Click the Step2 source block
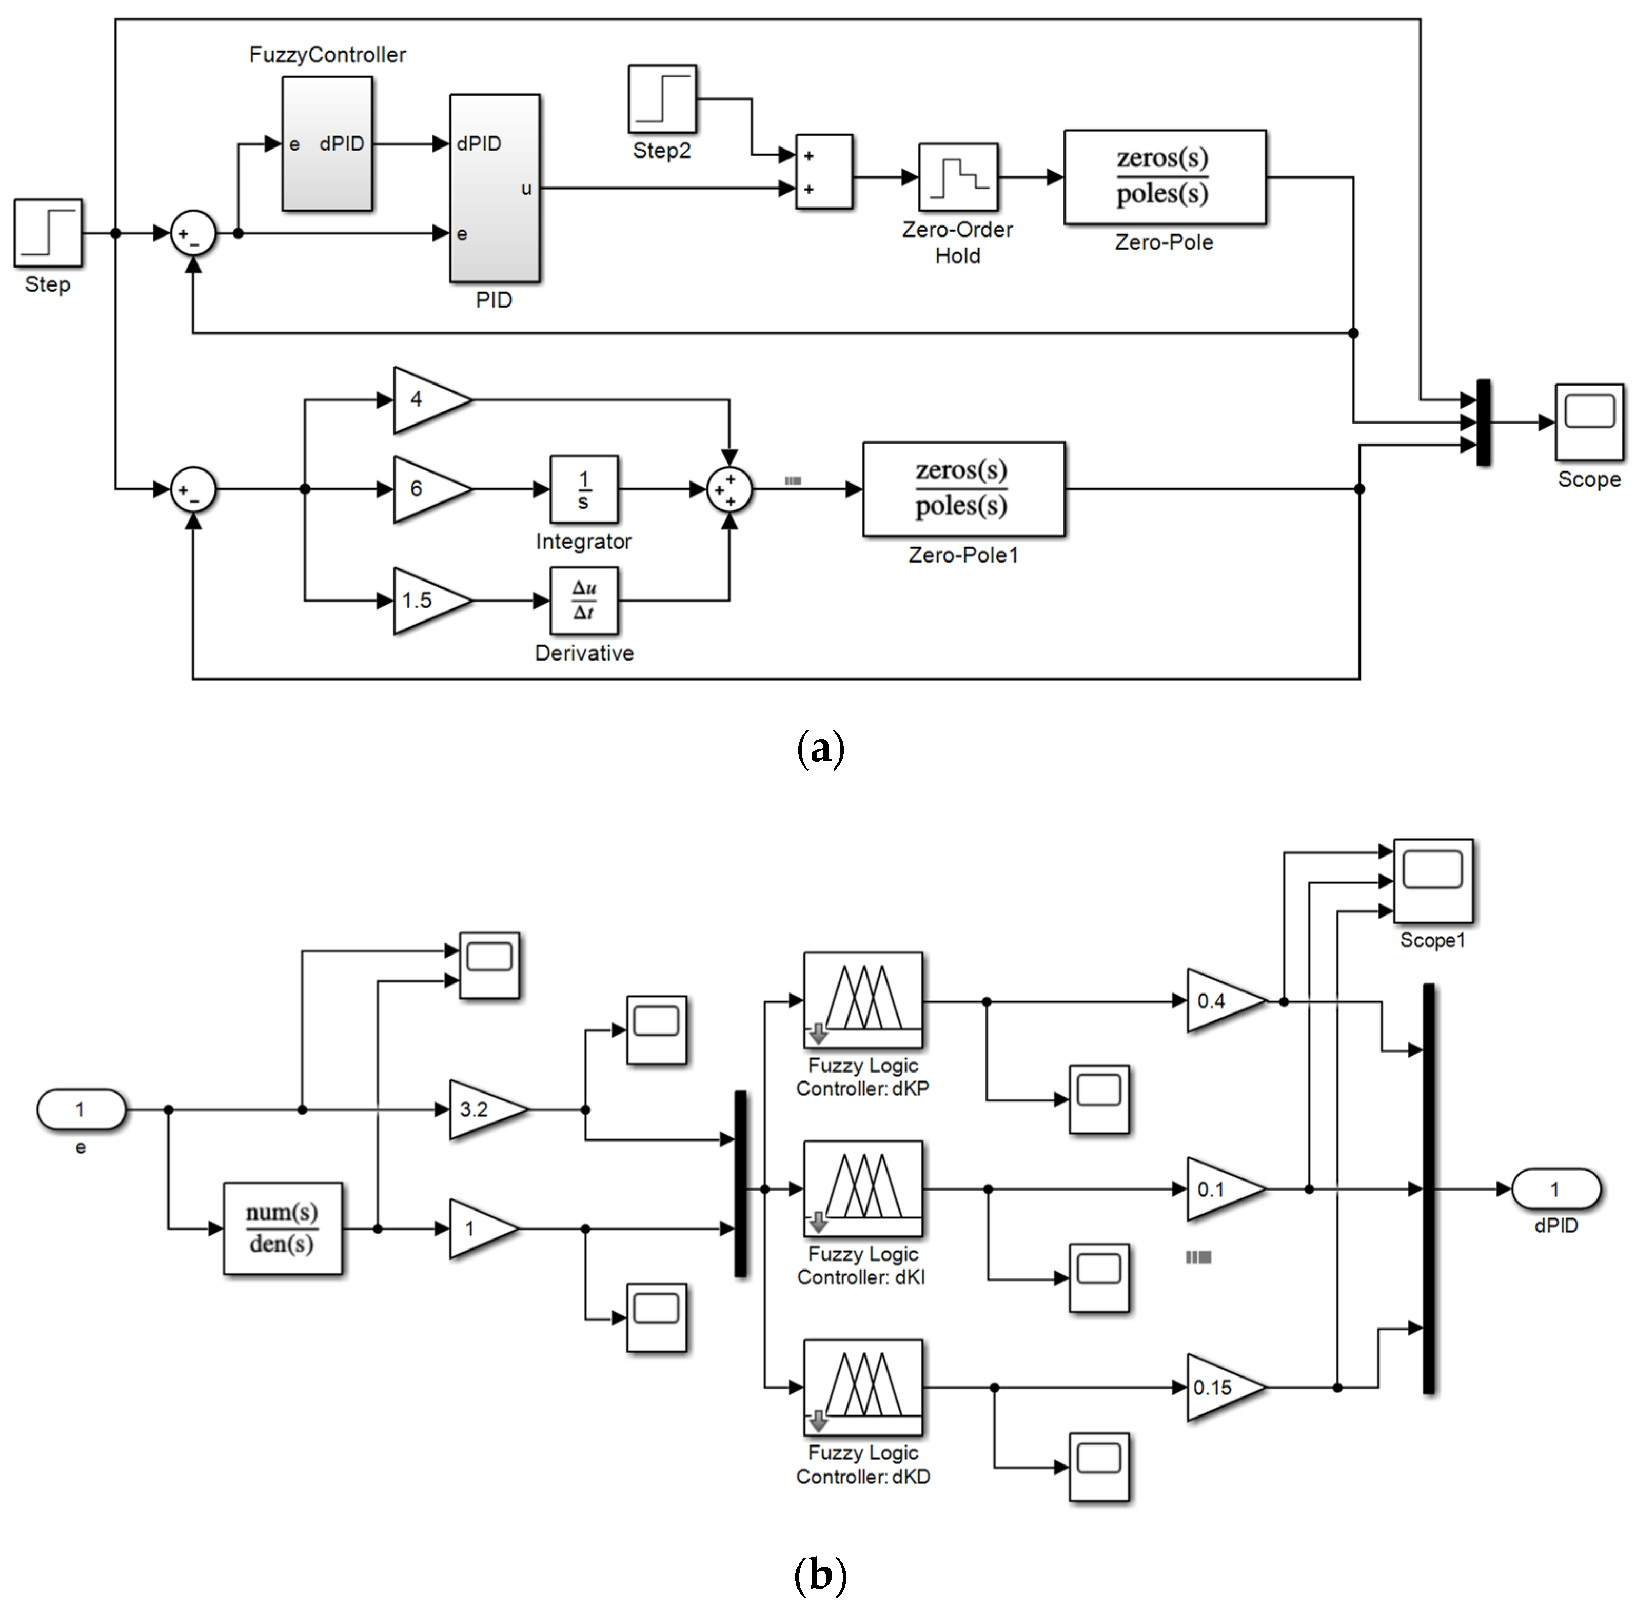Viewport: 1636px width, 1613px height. [x=662, y=99]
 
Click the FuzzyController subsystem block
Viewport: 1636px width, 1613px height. [x=327, y=143]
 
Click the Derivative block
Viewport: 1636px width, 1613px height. [x=584, y=601]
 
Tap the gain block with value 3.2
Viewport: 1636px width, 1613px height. [x=482, y=1109]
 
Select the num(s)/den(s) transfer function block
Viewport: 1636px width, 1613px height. [x=283, y=1228]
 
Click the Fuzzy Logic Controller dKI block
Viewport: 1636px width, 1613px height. [x=862, y=1189]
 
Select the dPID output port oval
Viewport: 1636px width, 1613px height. [x=1555, y=1189]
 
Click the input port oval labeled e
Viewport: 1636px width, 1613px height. [x=81, y=1109]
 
